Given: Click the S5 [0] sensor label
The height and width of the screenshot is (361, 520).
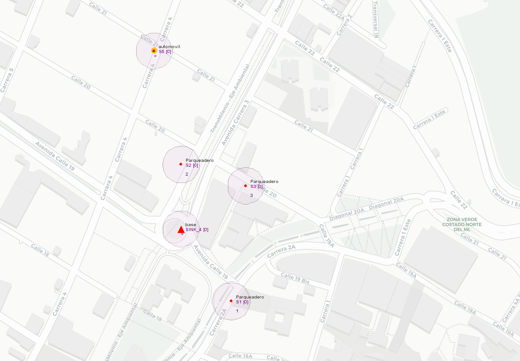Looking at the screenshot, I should (x=165, y=52).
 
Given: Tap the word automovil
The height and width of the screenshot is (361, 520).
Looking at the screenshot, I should (x=169, y=47).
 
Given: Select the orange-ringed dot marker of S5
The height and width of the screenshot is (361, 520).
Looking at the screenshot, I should (x=154, y=51).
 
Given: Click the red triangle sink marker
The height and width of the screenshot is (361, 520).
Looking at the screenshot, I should (x=181, y=230).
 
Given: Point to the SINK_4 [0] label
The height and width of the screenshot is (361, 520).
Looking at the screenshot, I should (x=197, y=230).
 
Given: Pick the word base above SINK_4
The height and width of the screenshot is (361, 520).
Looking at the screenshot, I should (x=191, y=224).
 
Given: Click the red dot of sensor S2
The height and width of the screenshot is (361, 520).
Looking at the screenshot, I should (x=181, y=164).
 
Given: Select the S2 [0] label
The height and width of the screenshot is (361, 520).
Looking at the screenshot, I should (x=192, y=165).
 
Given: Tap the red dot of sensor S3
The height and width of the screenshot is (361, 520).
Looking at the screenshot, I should (x=245, y=185).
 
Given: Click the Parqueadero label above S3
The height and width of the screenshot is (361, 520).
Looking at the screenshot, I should (x=264, y=181).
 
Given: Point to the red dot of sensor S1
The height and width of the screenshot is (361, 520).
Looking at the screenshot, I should (x=231, y=301).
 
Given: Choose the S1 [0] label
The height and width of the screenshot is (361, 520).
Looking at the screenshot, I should (x=242, y=302).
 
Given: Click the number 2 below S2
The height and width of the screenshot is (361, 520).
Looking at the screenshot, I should (x=187, y=174).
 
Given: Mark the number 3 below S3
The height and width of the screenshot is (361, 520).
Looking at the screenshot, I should (x=251, y=195).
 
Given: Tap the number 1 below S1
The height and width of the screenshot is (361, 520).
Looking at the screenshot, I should (x=237, y=311).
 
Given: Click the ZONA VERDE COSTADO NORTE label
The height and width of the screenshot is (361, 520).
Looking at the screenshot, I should (x=462, y=224).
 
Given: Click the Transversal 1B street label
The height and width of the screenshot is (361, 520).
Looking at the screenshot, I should (x=376, y=19).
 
